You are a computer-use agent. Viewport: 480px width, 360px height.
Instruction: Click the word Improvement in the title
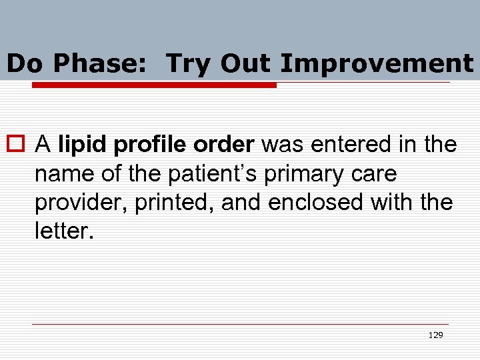(377, 64)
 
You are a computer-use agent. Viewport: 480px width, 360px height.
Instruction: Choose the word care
(374, 174)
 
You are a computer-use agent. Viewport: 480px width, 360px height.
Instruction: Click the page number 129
(435, 335)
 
